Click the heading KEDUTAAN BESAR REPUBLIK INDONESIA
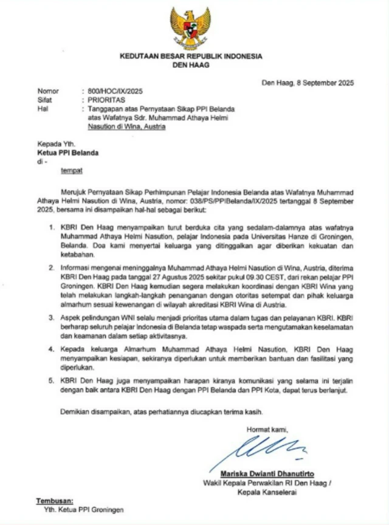tap(191, 56)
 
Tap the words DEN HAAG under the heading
tap(191, 64)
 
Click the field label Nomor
tap(48, 90)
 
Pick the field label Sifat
tap(45, 98)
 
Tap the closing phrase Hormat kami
tap(266, 430)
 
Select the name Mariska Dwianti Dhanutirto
tap(267, 474)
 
